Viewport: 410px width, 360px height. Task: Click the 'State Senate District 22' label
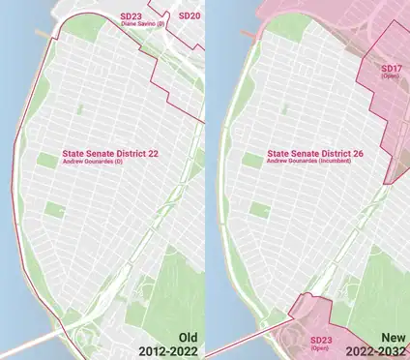pyautogui.click(x=110, y=153)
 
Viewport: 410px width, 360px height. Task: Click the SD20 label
pyautogui.click(x=190, y=16)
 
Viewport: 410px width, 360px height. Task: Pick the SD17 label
pyautogui.click(x=391, y=69)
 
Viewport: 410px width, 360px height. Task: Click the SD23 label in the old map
pyautogui.click(x=131, y=16)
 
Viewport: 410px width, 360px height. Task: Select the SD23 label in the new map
pyautogui.click(x=320, y=341)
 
